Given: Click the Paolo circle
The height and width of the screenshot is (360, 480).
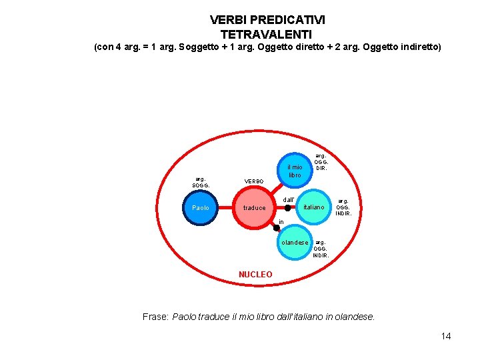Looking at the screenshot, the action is [x=201, y=207].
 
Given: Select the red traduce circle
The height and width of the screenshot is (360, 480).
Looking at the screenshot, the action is [x=254, y=208].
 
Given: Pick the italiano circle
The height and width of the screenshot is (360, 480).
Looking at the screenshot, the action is [x=313, y=207].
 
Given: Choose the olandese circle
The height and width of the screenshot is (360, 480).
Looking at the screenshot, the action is [x=295, y=243].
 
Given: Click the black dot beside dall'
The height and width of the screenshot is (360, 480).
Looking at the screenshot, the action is [x=287, y=208].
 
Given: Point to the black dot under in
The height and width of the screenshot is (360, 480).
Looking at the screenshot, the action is [x=277, y=228].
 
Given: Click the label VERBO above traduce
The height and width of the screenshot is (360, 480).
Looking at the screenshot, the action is [x=254, y=181].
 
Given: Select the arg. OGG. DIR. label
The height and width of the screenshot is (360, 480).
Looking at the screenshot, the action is [x=321, y=161].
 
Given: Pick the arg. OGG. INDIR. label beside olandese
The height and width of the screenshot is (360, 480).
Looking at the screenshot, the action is [x=321, y=249].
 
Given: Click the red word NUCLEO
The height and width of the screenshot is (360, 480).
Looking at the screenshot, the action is [x=255, y=275].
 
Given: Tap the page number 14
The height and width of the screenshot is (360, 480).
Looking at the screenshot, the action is [x=446, y=336].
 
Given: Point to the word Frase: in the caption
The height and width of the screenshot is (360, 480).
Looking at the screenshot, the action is [x=156, y=317].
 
